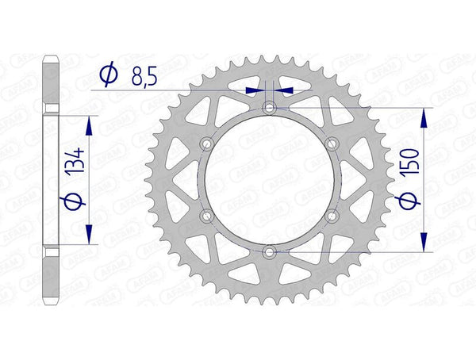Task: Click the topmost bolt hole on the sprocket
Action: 270,106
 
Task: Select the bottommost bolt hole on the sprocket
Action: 270,251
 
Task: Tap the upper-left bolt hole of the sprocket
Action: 207,143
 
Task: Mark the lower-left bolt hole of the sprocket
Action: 207,215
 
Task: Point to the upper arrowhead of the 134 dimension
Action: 88,127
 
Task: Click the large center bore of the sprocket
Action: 270,179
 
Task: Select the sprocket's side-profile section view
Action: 50,179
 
